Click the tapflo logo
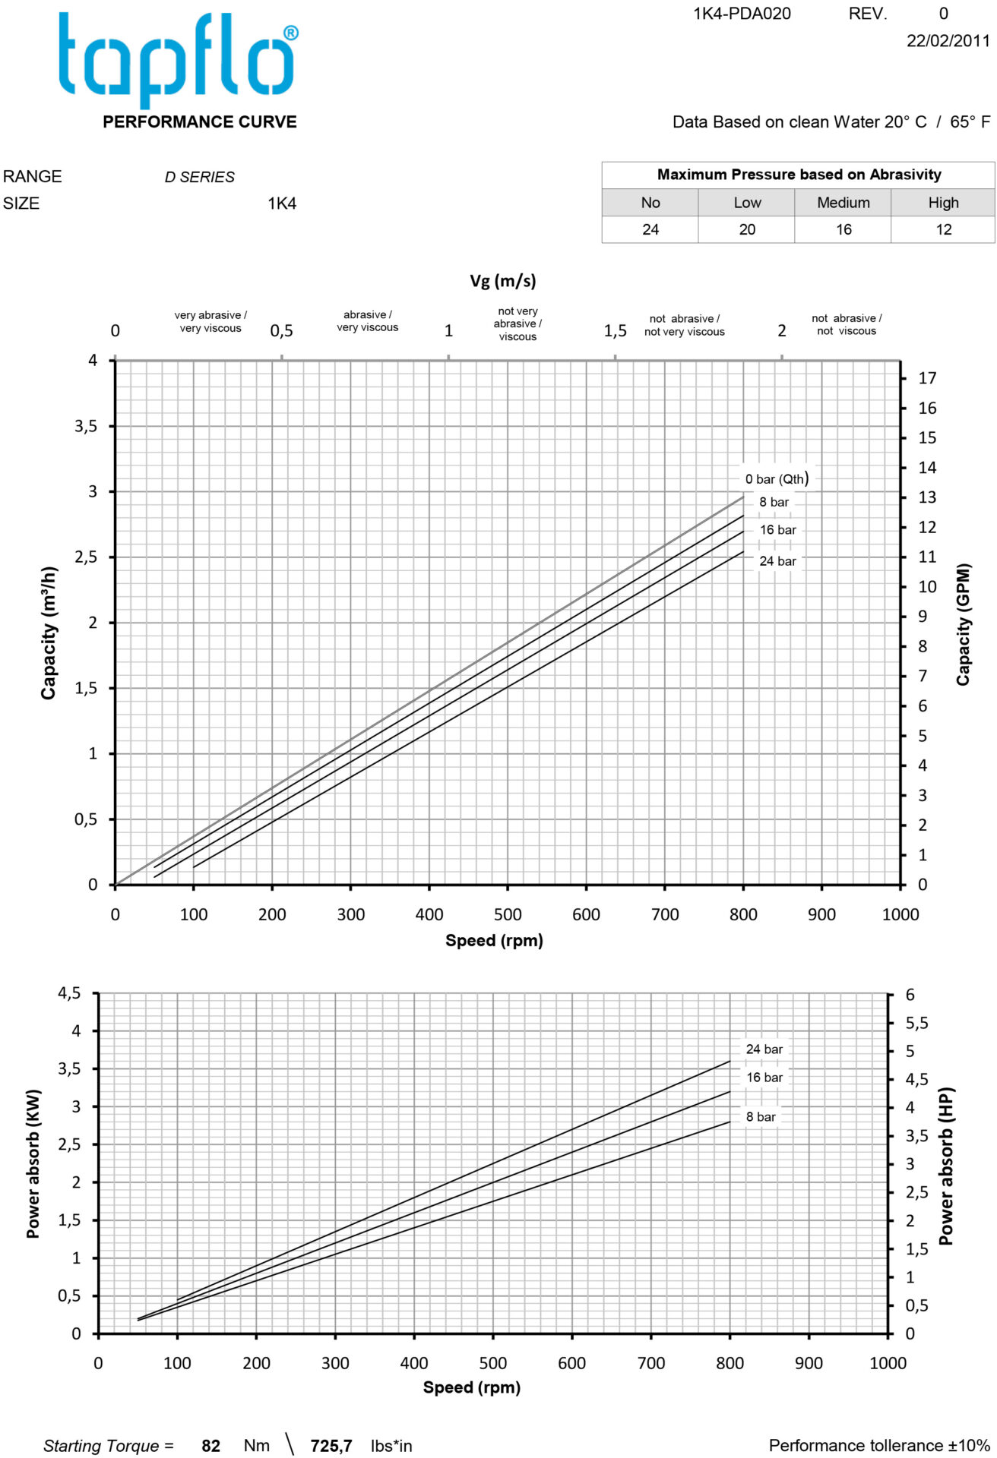click(178, 59)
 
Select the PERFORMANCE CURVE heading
click(199, 122)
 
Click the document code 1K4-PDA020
click(742, 14)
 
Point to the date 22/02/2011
click(948, 41)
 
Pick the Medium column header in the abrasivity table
click(843, 203)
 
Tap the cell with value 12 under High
click(943, 229)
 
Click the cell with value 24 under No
click(650, 229)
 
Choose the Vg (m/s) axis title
click(502, 281)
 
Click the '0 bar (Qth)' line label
click(777, 478)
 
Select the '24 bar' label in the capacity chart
click(777, 561)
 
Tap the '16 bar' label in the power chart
click(764, 1078)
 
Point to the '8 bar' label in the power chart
click(760, 1117)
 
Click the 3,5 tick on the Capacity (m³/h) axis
click(86, 427)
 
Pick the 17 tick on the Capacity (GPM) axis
click(927, 378)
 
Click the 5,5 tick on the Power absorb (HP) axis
click(916, 1024)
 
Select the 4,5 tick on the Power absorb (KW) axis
click(69, 993)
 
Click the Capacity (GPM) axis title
click(964, 624)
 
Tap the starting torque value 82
click(210, 1446)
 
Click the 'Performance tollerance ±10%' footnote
click(879, 1445)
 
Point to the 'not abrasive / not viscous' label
click(846, 324)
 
